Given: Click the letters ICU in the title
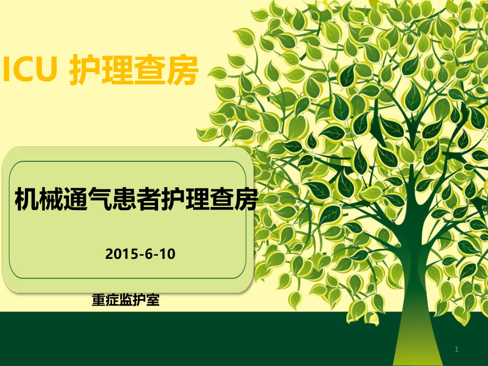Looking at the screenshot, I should (x=30, y=71).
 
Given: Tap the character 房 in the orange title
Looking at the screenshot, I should (x=182, y=71).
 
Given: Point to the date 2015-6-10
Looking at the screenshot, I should (x=140, y=254).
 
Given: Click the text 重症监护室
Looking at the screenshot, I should (x=126, y=300).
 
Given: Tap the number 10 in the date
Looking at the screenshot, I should (x=167, y=254).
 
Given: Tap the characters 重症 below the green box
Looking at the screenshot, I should (x=105, y=300).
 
